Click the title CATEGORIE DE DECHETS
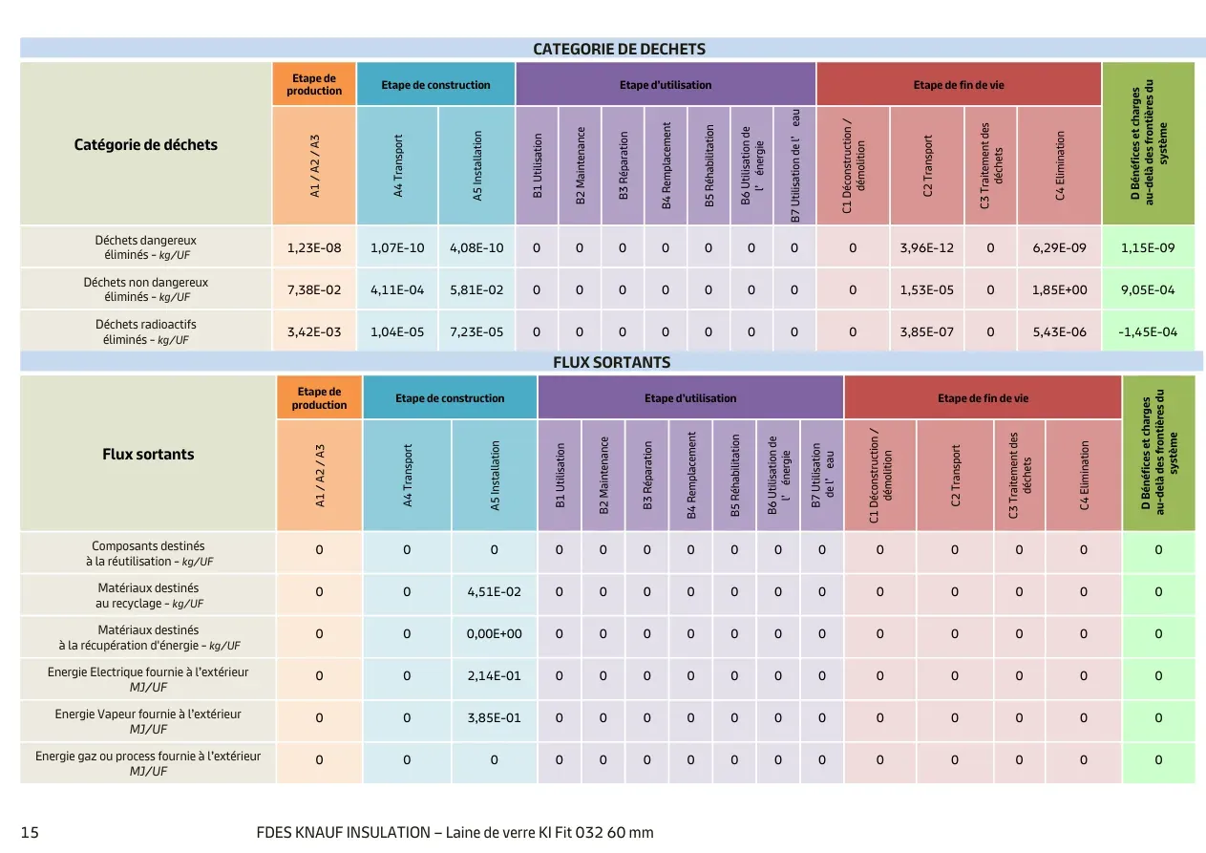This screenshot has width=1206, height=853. (x=619, y=49)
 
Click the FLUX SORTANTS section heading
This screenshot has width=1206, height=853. (x=612, y=362)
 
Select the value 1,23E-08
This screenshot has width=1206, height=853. (x=314, y=247)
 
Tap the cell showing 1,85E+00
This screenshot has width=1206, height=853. (x=1059, y=289)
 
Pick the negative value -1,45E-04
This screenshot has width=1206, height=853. (x=1148, y=331)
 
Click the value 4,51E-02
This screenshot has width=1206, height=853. (x=494, y=592)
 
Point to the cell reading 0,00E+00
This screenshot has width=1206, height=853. (x=494, y=634)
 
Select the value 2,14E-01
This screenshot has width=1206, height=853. (x=494, y=676)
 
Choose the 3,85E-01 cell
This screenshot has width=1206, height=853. (x=494, y=717)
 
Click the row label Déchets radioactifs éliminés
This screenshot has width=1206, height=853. (x=146, y=331)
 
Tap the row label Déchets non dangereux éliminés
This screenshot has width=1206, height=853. (x=146, y=289)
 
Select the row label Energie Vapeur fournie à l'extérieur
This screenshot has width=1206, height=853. (x=148, y=721)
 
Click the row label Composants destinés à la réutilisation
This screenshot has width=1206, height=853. (x=149, y=553)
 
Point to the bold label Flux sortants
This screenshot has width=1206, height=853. (x=148, y=454)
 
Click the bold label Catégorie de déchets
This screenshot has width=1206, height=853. (x=146, y=144)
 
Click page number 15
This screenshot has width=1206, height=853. (x=30, y=833)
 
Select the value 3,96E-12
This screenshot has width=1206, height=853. (x=926, y=247)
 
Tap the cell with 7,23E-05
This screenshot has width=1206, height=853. (x=476, y=331)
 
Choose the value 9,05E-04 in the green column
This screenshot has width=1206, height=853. (x=1148, y=289)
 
